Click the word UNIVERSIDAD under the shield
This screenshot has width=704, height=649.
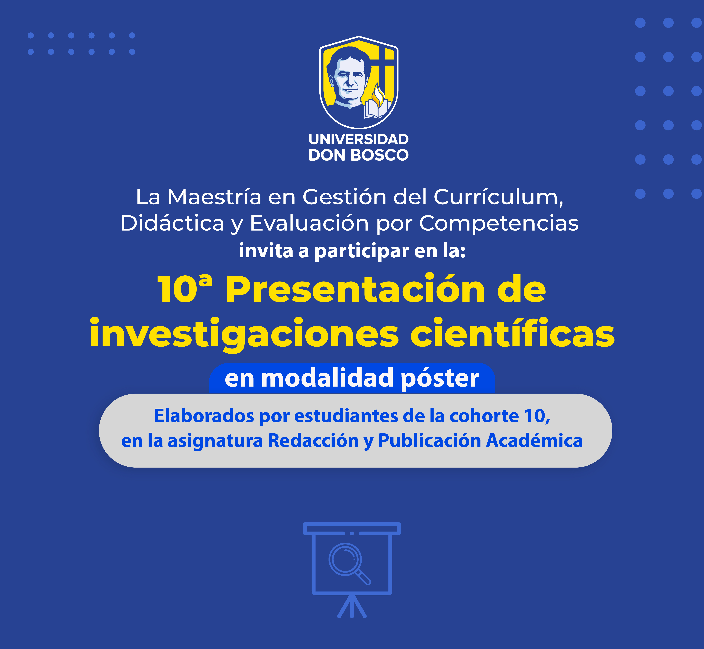point(359,139)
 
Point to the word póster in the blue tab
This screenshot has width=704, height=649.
point(440,379)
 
